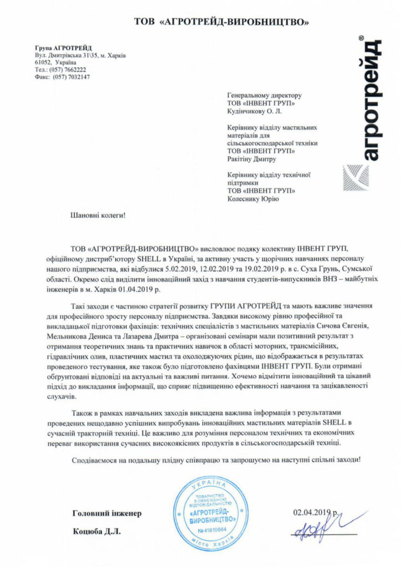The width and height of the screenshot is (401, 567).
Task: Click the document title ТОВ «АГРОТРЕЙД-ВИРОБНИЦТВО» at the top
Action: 222,22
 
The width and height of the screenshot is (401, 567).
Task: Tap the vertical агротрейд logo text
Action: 369,100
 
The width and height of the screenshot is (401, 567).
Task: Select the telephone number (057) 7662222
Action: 69,70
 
